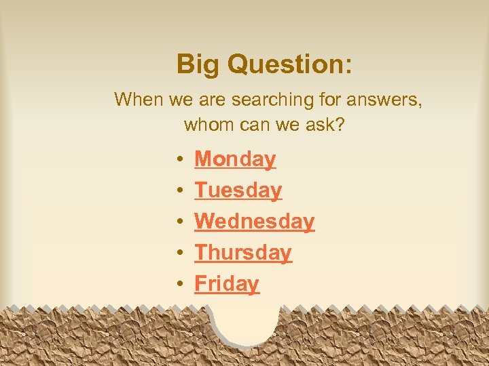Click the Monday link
point(235,159)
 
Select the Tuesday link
point(238,190)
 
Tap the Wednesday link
point(254,222)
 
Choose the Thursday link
point(242,253)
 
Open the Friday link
point(227,284)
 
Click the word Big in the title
point(198,65)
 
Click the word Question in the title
point(285,65)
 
